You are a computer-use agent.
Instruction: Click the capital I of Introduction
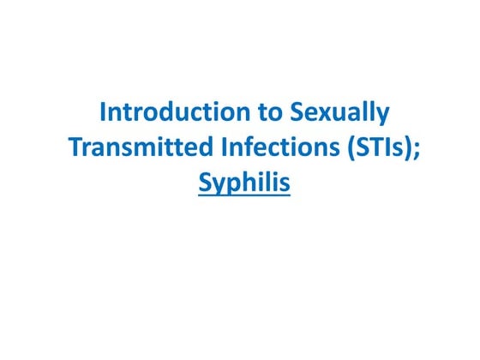(105, 113)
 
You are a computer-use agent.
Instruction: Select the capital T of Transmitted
(75, 147)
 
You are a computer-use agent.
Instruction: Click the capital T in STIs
(375, 147)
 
